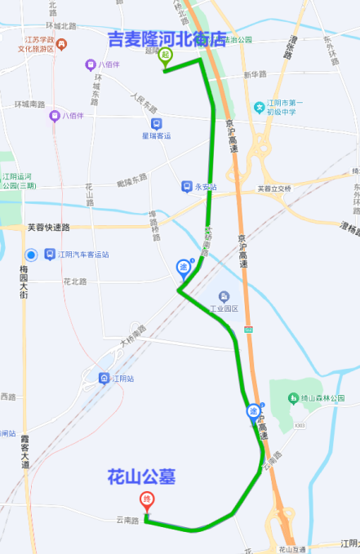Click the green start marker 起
tap(166, 56)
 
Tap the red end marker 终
tap(147, 499)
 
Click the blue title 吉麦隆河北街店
tap(167, 38)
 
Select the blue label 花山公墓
tap(142, 476)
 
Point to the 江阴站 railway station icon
tap(104, 378)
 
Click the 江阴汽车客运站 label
tap(83, 255)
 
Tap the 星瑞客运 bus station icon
tap(157, 124)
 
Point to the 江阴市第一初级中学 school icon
tap(260, 106)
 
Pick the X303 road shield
tap(300, 425)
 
